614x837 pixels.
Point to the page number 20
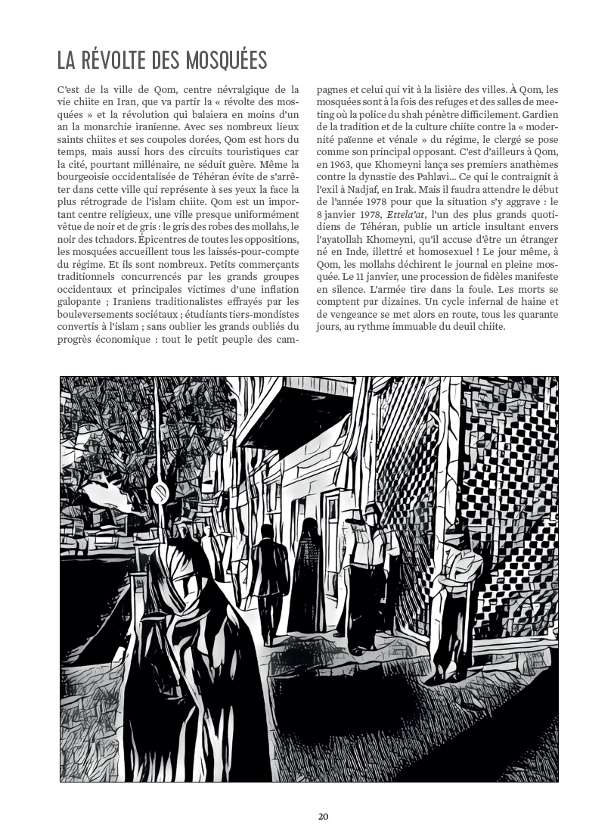point(323,817)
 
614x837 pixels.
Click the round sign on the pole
point(159,493)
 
